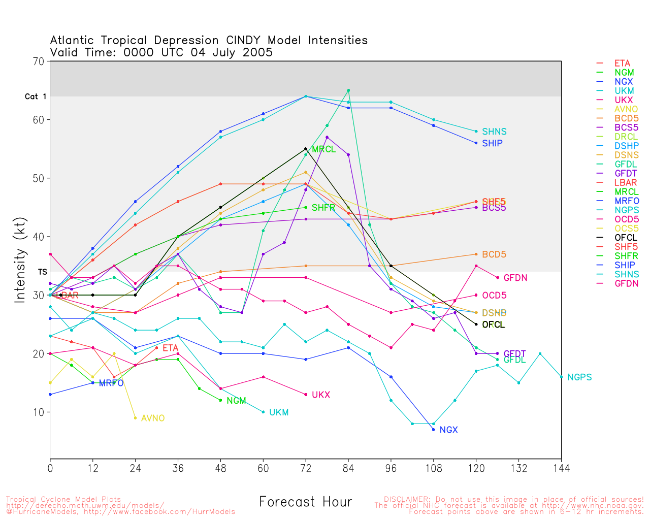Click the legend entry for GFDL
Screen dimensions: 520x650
pos(626,164)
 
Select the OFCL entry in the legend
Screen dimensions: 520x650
pos(626,238)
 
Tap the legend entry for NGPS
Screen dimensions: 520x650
pos(626,210)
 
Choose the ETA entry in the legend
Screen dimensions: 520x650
pos(622,63)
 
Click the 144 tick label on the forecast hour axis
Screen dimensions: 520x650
pos(561,468)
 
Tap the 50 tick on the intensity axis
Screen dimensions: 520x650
pos(39,178)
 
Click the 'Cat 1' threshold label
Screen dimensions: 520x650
pos(36,96)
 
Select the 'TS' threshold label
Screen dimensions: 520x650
pos(42,272)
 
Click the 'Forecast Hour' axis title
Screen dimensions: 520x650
pos(305,502)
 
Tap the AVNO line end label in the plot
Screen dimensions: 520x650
pos(153,418)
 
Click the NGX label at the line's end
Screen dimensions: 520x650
pos(448,430)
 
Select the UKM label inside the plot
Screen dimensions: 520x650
pos(279,412)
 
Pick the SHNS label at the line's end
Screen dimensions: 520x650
pos(494,132)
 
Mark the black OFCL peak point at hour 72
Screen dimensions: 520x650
pos(306,149)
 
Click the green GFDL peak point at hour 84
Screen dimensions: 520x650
pos(348,90)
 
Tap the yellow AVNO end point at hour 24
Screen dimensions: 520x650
pos(135,418)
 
